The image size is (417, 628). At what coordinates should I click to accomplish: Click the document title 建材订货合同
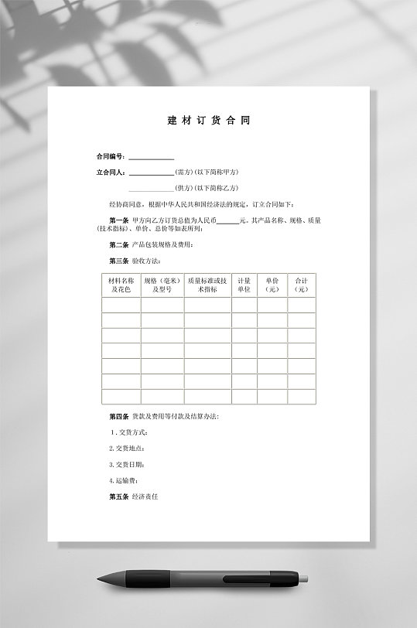208,121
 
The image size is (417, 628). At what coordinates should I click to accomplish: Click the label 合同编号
109,156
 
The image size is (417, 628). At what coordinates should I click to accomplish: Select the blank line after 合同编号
151,158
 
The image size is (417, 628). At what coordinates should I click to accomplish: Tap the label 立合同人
110,172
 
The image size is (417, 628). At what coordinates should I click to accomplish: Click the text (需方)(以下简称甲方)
207,172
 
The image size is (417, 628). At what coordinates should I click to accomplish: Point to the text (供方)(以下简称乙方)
207,188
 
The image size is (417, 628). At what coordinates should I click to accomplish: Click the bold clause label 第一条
119,220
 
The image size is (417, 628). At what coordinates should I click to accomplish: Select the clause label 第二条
119,244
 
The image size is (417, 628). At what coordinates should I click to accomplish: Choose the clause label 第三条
119,261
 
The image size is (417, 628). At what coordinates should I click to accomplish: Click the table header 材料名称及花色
121,285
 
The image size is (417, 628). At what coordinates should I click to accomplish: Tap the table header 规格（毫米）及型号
162,285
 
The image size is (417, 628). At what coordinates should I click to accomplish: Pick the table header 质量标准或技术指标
207,285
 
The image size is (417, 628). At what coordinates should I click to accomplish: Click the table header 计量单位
244,285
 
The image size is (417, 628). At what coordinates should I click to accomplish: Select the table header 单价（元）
272,285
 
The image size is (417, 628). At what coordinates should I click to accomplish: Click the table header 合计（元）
302,285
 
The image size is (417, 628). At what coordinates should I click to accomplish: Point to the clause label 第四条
119,416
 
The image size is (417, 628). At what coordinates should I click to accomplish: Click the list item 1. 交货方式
128,432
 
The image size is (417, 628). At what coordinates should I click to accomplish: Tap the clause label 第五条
119,497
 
